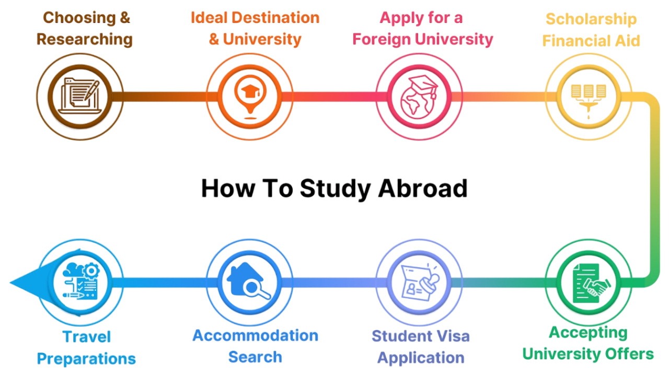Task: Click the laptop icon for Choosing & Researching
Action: click(80, 96)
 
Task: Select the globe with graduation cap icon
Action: click(419, 97)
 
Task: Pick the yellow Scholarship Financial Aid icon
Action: click(589, 96)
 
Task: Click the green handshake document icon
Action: click(589, 283)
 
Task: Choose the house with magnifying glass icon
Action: click(249, 283)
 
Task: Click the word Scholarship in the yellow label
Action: click(591, 19)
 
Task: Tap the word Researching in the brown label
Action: click(85, 39)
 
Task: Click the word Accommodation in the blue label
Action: click(255, 335)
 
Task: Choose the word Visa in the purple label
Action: click(453, 336)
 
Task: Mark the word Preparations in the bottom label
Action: click(86, 359)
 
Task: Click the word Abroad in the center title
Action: click(423, 189)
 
